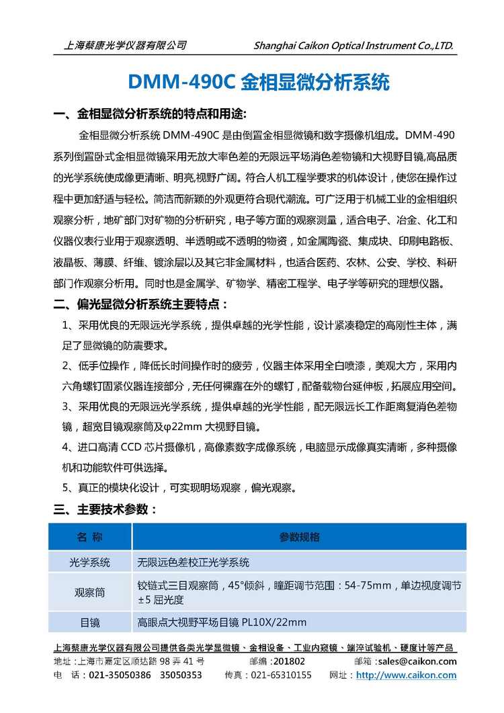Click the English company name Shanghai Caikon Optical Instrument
click(x=354, y=46)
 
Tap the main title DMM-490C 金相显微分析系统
click(x=258, y=83)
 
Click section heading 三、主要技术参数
click(x=106, y=509)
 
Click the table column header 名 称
click(x=89, y=537)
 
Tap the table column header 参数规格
click(x=299, y=537)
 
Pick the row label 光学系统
click(x=89, y=562)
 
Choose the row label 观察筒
click(x=89, y=592)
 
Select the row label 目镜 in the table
click(x=89, y=622)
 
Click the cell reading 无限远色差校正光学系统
click(x=194, y=562)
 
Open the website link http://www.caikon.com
click(x=406, y=675)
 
